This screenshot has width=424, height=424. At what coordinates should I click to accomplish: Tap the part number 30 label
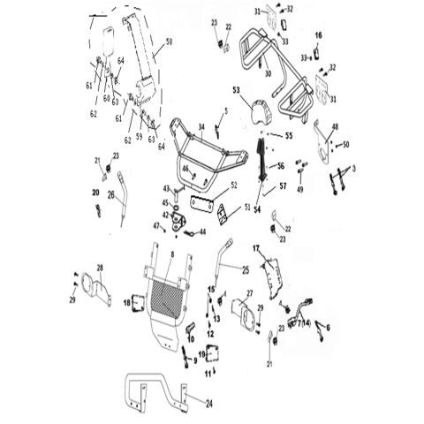coord(265,75)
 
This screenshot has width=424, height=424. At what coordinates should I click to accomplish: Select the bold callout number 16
coord(320,34)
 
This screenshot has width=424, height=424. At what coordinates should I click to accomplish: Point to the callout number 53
coord(237,90)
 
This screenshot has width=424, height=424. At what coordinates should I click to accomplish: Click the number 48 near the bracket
coord(334,126)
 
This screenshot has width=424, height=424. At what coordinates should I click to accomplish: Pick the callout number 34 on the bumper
coord(201,127)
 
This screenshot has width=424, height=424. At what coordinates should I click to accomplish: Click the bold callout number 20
coord(95,192)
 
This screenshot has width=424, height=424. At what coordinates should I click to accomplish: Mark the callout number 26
coord(112,194)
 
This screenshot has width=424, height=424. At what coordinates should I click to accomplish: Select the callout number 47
coord(156,226)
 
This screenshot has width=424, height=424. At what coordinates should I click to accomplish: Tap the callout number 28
coord(100,267)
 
